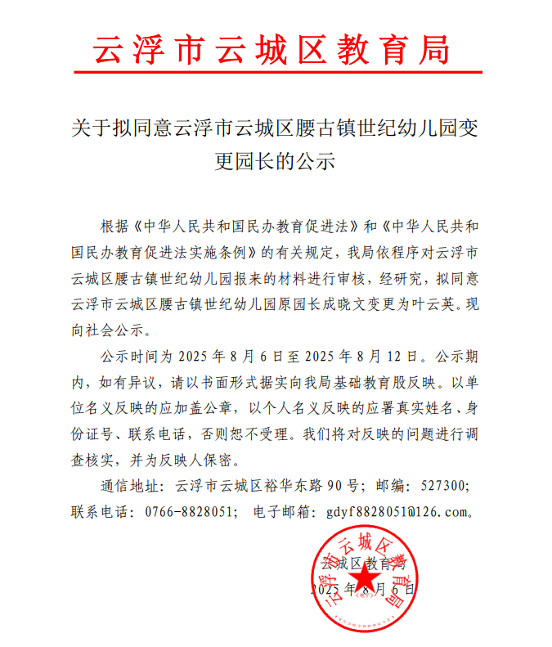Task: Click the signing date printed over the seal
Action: coord(363,589)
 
